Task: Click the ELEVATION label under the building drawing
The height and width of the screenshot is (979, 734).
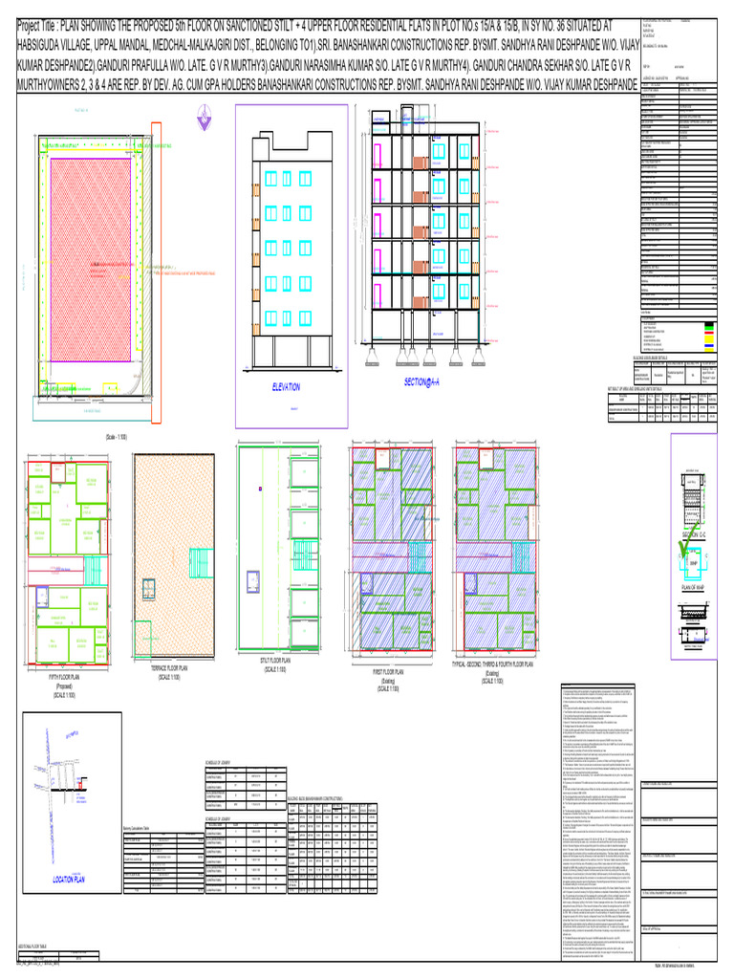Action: click(x=284, y=387)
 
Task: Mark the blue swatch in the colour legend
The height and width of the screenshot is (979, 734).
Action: click(x=709, y=346)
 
